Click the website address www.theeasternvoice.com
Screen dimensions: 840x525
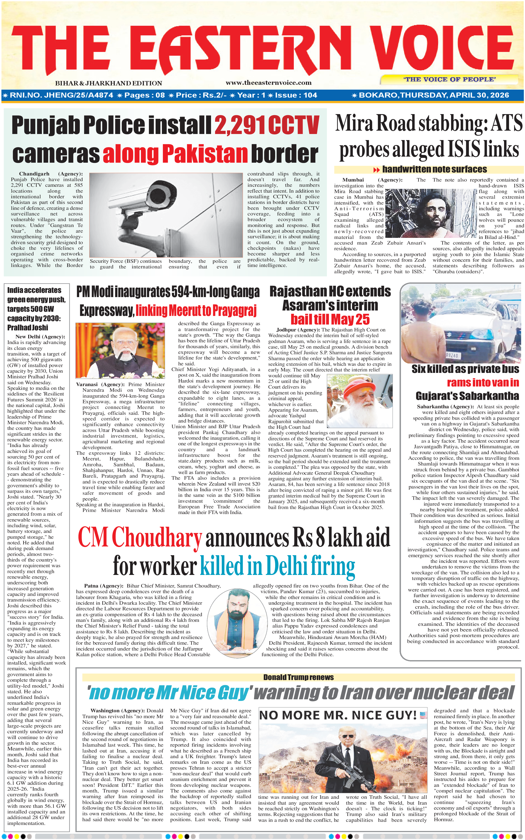pos(268,83)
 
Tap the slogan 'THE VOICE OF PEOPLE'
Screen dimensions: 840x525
pos(449,80)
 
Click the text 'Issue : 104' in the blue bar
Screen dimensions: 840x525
pos(296,95)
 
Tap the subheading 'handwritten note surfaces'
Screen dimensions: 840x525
pos(434,169)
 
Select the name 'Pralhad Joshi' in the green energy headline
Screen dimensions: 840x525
pos(28,327)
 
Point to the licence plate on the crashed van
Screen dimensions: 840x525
pos(452,356)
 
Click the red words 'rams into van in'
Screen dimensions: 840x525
pos(483,383)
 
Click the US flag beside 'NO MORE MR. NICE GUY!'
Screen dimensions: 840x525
pos(423,715)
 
